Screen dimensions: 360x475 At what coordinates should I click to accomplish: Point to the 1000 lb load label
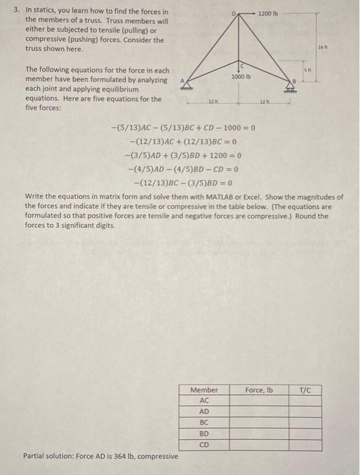(242, 77)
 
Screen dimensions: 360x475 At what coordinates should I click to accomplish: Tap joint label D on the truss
(235, 14)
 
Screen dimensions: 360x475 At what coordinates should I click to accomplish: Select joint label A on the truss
(181, 78)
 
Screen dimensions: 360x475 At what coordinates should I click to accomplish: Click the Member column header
(204, 389)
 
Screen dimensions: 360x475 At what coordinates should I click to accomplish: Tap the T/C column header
(304, 389)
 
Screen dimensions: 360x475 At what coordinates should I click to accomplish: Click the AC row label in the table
(204, 400)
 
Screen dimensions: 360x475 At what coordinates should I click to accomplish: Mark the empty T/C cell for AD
(304, 411)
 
